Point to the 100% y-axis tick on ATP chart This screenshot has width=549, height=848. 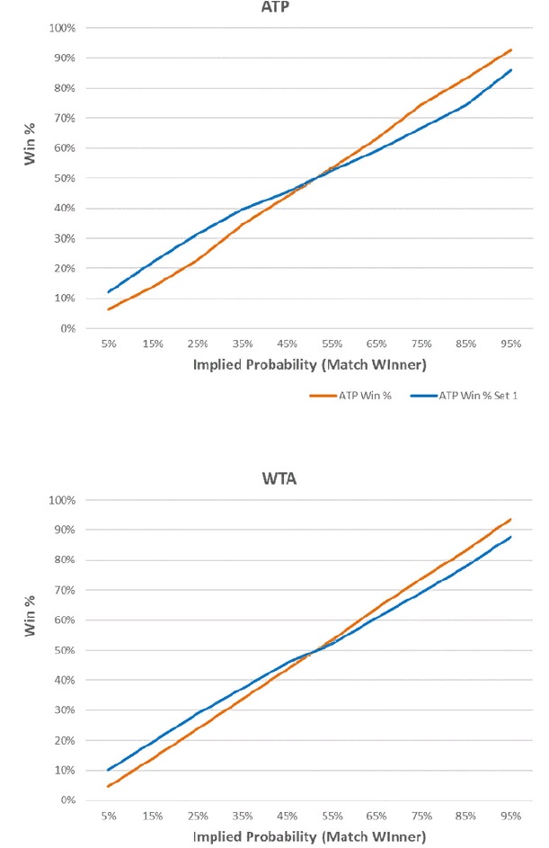pos(64,28)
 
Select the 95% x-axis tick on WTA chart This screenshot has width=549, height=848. pos(510,816)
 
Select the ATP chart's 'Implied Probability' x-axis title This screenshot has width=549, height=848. pos(309,366)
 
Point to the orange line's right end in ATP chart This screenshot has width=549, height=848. pos(511,49)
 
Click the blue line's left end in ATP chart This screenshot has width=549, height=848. pos(108,292)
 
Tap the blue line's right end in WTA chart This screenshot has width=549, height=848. pos(511,537)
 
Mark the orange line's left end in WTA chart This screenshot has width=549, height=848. pos(108,786)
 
